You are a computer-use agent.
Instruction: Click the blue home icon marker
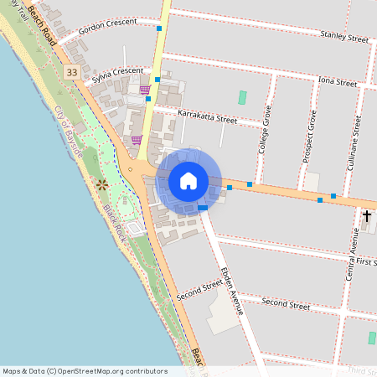[188, 181]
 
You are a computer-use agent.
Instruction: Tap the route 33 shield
[73, 73]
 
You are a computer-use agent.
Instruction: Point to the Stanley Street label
[344, 37]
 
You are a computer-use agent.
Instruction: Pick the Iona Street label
[338, 82]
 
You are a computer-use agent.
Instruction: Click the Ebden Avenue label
[231, 291]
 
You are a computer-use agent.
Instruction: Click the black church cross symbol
[366, 216]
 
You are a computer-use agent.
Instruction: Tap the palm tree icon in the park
[101, 183]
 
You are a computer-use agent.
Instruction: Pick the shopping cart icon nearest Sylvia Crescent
[145, 89]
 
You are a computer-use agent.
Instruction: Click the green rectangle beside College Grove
[243, 97]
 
